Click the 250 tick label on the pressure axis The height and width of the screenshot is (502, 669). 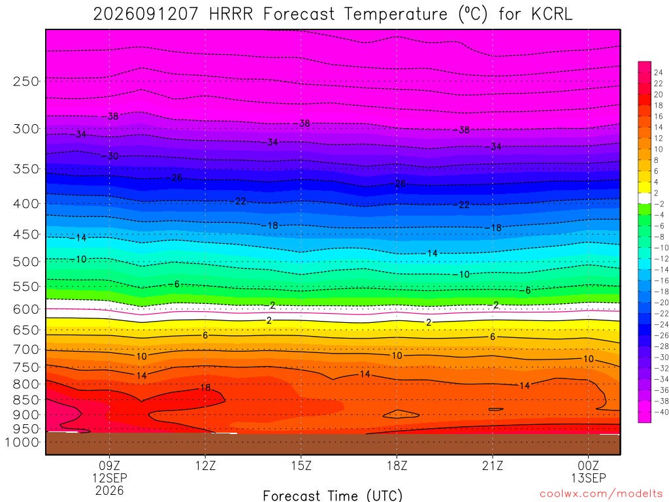tap(26, 81)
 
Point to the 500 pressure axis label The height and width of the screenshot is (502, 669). tap(26, 261)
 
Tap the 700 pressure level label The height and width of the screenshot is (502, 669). tap(26, 350)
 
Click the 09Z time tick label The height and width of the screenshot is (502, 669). tap(110, 465)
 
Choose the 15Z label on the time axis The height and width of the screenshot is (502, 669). tap(301, 465)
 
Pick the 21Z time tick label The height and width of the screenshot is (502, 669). tap(493, 465)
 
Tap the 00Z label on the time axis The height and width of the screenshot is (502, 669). tap(589, 465)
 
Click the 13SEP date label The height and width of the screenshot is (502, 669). tap(589, 478)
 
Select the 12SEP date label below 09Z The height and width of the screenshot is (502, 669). tap(110, 478)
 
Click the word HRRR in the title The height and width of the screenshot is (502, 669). tap(231, 14)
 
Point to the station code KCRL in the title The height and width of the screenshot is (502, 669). tap(551, 14)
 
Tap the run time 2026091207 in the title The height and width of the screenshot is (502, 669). tap(146, 14)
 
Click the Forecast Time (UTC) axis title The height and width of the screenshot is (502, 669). tap(333, 495)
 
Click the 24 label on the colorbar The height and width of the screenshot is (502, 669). tap(659, 73)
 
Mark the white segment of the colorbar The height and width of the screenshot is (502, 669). tap(644, 198)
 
